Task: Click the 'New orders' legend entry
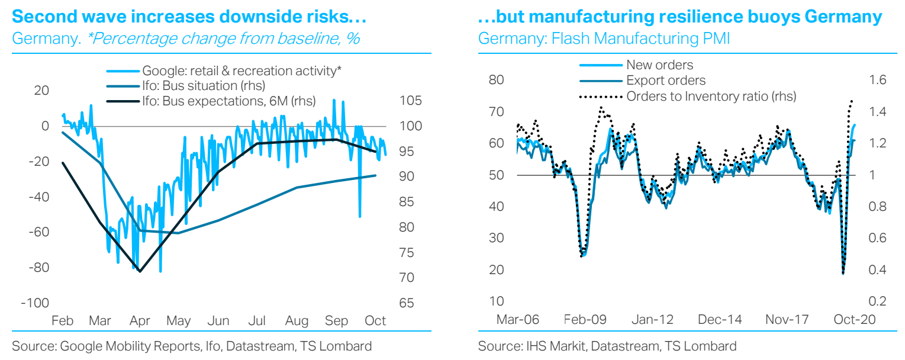(x=659, y=65)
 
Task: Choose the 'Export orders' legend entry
(x=666, y=80)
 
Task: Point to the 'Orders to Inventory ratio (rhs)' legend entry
(x=711, y=95)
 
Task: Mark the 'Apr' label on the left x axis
(x=140, y=321)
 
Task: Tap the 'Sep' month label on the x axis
(x=336, y=321)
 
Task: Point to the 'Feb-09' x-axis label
(x=586, y=319)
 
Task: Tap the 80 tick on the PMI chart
(x=497, y=80)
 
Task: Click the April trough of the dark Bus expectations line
(x=140, y=271)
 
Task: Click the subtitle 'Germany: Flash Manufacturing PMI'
(x=604, y=39)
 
